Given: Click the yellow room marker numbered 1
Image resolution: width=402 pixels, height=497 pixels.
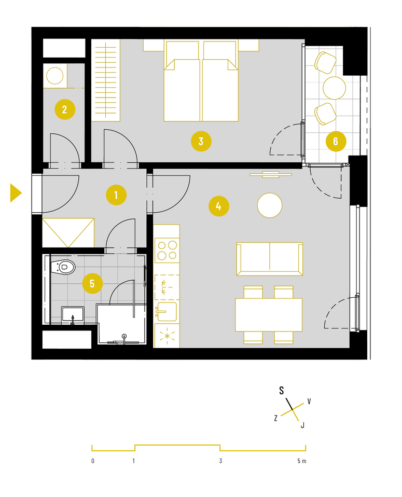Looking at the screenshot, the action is (x=116, y=195).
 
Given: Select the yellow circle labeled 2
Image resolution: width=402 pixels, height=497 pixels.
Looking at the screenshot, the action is (x=65, y=109).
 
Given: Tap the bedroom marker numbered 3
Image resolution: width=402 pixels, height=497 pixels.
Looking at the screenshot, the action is (x=201, y=141).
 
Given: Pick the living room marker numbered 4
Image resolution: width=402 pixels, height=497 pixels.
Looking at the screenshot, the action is (x=219, y=206).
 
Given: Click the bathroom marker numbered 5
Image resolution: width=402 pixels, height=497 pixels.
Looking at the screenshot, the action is (x=92, y=283).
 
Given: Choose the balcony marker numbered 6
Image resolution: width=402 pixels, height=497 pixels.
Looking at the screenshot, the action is (x=336, y=141).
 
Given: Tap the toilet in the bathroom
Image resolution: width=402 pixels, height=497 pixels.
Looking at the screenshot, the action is (x=63, y=267).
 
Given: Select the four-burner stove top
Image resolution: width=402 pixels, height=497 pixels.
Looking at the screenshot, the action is (x=167, y=251).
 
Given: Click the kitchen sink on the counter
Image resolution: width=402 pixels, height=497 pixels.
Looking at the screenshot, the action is (x=167, y=312).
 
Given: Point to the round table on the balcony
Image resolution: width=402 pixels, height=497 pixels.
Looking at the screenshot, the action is (x=334, y=88).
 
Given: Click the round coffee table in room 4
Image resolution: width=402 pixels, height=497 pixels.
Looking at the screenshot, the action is (x=270, y=205).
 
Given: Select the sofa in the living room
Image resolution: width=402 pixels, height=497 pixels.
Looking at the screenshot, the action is (x=270, y=259).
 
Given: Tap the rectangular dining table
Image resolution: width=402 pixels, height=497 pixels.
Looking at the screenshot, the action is (x=269, y=315).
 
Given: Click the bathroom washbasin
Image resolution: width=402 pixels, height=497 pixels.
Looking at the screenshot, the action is (x=73, y=315).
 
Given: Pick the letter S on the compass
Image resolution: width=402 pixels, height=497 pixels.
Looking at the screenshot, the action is (x=281, y=391).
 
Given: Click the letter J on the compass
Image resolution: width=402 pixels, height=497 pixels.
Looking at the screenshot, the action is (x=302, y=425).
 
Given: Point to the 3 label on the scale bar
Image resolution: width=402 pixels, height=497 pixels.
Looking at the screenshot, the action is (x=220, y=461).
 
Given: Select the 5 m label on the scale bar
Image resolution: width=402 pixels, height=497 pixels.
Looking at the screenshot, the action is (x=302, y=461).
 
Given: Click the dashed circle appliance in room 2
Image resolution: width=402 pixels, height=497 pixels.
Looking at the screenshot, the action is (x=54, y=75).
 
